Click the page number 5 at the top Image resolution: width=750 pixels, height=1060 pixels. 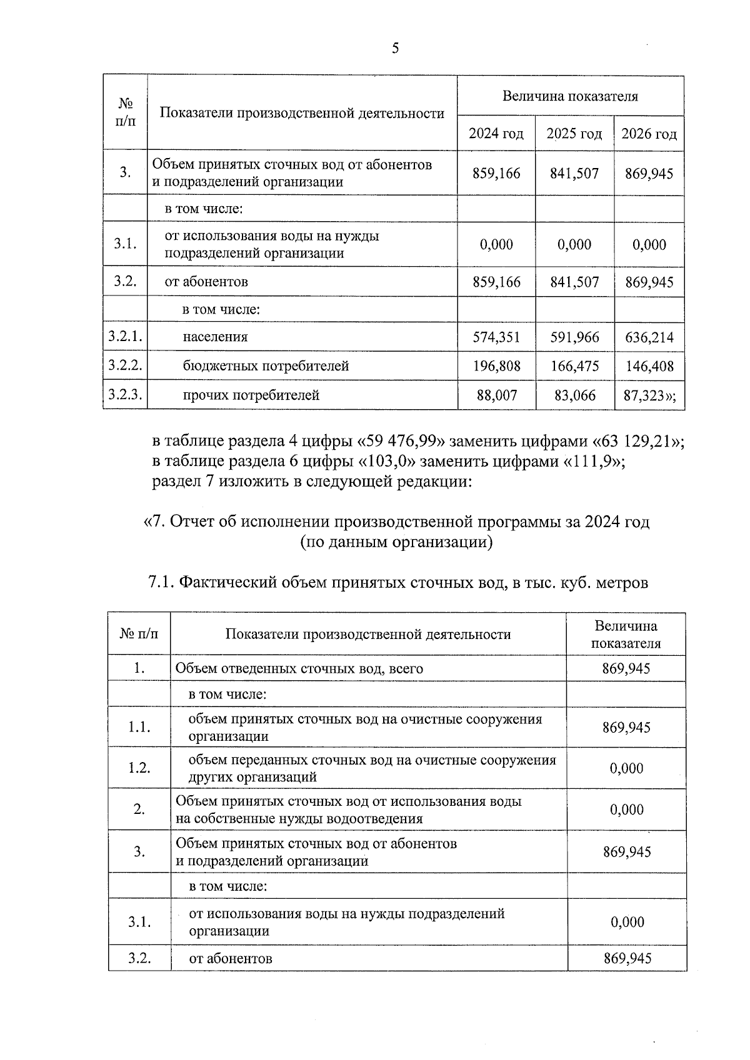(395, 49)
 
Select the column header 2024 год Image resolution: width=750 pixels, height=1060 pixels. (496, 134)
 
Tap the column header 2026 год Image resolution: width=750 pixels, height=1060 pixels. (649, 134)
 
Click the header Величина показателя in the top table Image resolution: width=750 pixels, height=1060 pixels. (570, 96)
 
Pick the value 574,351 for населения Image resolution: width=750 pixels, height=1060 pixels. (496, 337)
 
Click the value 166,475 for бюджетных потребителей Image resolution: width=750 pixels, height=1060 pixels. (574, 366)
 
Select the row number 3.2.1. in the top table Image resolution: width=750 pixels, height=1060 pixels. (125, 337)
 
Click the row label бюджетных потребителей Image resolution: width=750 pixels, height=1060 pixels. (266, 366)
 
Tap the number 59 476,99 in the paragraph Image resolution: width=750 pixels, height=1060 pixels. (401, 441)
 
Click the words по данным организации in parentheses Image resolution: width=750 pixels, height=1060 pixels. (396, 542)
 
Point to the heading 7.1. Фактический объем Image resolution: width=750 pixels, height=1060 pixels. (398, 583)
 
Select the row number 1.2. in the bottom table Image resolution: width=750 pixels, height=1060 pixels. (139, 768)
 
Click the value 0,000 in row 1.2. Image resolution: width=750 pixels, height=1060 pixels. (626, 768)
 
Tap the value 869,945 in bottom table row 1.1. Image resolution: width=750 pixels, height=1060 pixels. (626, 727)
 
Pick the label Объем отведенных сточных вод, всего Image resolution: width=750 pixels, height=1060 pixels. (299, 668)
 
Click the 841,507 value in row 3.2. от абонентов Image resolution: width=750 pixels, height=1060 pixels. (574, 282)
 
